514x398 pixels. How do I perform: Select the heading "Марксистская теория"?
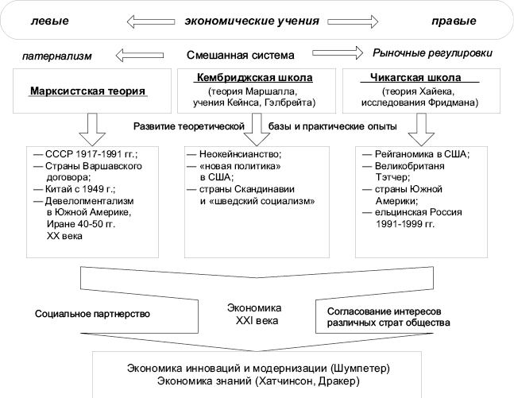click(x=87, y=91)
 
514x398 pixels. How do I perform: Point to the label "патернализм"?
click(x=56, y=56)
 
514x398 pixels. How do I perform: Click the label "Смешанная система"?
click(x=241, y=56)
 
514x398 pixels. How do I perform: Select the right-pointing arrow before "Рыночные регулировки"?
click(x=338, y=53)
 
